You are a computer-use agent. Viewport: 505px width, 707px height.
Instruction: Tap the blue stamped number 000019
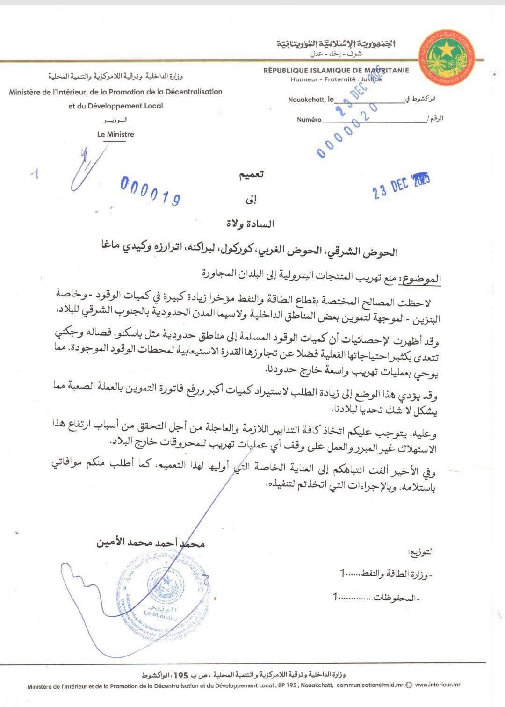coord(151,190)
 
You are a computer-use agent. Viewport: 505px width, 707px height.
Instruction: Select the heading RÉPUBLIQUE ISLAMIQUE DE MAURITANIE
coord(336,71)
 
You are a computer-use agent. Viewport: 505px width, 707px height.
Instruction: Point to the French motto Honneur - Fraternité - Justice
coord(336,79)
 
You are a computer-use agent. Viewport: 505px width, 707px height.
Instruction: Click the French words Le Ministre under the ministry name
coord(115,134)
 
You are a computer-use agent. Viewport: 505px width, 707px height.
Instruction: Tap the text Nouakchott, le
coord(311,100)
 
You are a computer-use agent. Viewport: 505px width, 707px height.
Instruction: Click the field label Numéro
coord(309,120)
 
